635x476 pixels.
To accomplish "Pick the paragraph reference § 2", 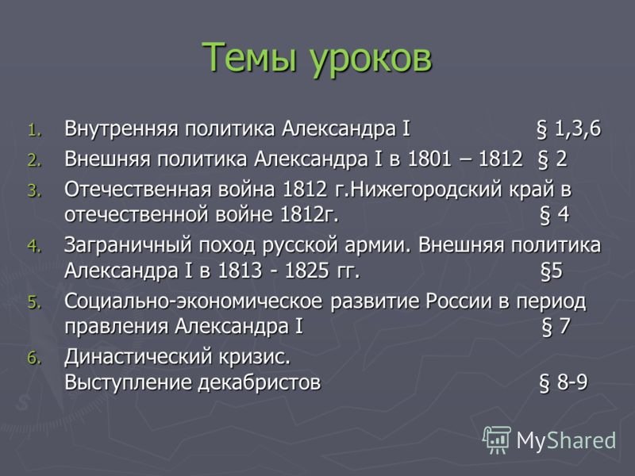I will pos(552,157).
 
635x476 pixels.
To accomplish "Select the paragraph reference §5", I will pos(552,271).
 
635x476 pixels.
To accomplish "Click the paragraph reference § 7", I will pos(556,327).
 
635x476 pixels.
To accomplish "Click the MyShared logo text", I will pos(567,439).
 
